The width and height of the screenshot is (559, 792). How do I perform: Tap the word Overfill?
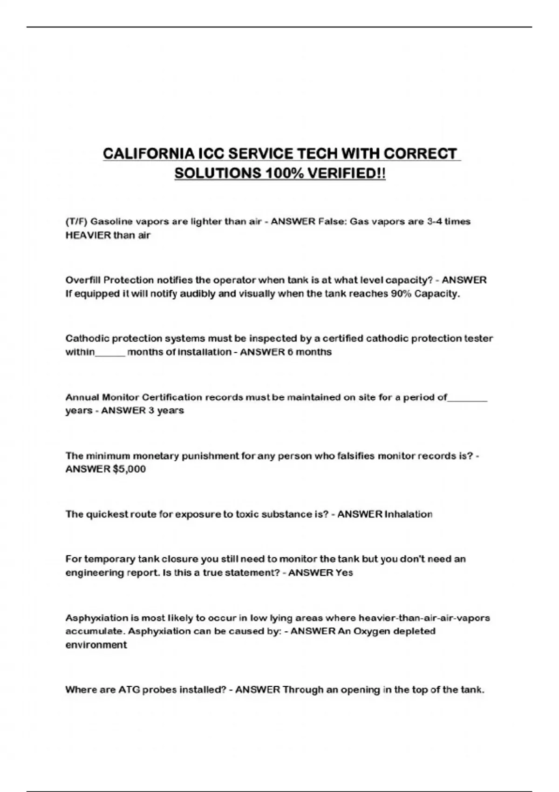[x=82, y=280]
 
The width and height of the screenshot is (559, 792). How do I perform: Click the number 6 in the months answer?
[x=291, y=352]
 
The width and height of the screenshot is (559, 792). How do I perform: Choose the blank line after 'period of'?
[x=467, y=398]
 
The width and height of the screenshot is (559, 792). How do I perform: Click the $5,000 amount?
[x=130, y=469]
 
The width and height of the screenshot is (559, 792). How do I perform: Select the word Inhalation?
[x=409, y=514]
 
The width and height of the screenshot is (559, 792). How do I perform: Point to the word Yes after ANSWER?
[x=344, y=573]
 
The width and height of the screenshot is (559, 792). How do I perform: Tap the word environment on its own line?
[x=96, y=645]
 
